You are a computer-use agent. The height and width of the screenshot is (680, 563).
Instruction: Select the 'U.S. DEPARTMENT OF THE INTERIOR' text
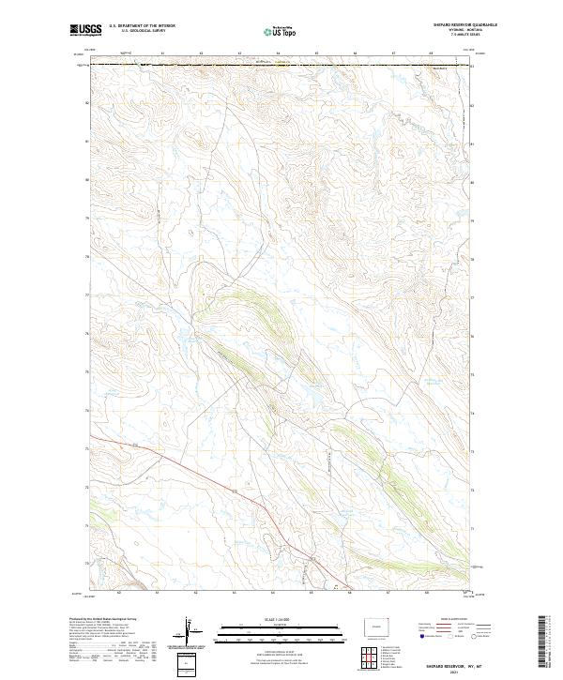coord(143,26)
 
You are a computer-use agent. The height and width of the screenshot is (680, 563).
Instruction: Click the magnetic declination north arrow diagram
coord(187,632)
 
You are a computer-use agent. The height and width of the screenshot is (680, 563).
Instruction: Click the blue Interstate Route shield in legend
coord(423,636)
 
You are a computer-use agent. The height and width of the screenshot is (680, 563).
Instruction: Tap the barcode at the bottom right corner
coord(545,642)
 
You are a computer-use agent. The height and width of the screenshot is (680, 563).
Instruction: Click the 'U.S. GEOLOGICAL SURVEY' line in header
coord(136,31)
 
